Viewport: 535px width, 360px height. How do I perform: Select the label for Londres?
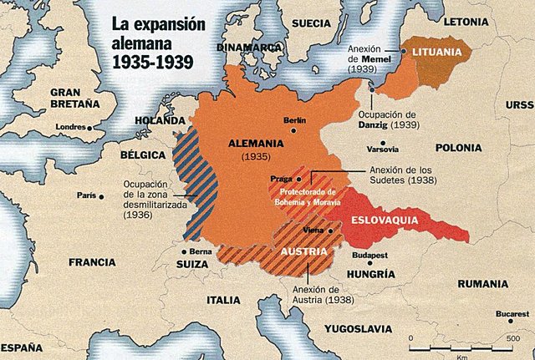tap(69, 127)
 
